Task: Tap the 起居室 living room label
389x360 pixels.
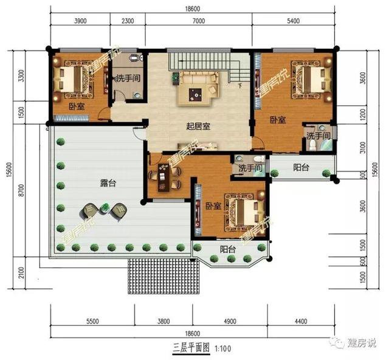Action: (198, 126)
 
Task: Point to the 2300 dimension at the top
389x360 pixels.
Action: (128, 20)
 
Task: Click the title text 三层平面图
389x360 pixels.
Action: (190, 349)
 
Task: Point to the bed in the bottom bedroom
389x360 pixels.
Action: (244, 211)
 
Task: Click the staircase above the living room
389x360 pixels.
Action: (200, 60)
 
